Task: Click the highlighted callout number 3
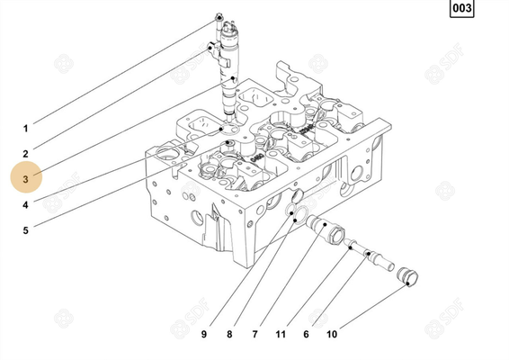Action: click(x=26, y=179)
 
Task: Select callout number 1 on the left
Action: click(x=25, y=128)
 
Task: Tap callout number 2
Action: click(x=25, y=154)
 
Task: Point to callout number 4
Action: click(x=25, y=204)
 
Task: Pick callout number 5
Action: click(x=25, y=230)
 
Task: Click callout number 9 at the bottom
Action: click(x=204, y=335)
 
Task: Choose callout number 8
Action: click(x=229, y=335)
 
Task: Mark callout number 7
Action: click(x=254, y=335)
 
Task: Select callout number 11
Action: click(x=281, y=335)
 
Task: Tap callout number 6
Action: click(x=306, y=335)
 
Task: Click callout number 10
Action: click(x=332, y=335)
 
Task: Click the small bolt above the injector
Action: click(x=219, y=18)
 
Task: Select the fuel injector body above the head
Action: click(x=228, y=72)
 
